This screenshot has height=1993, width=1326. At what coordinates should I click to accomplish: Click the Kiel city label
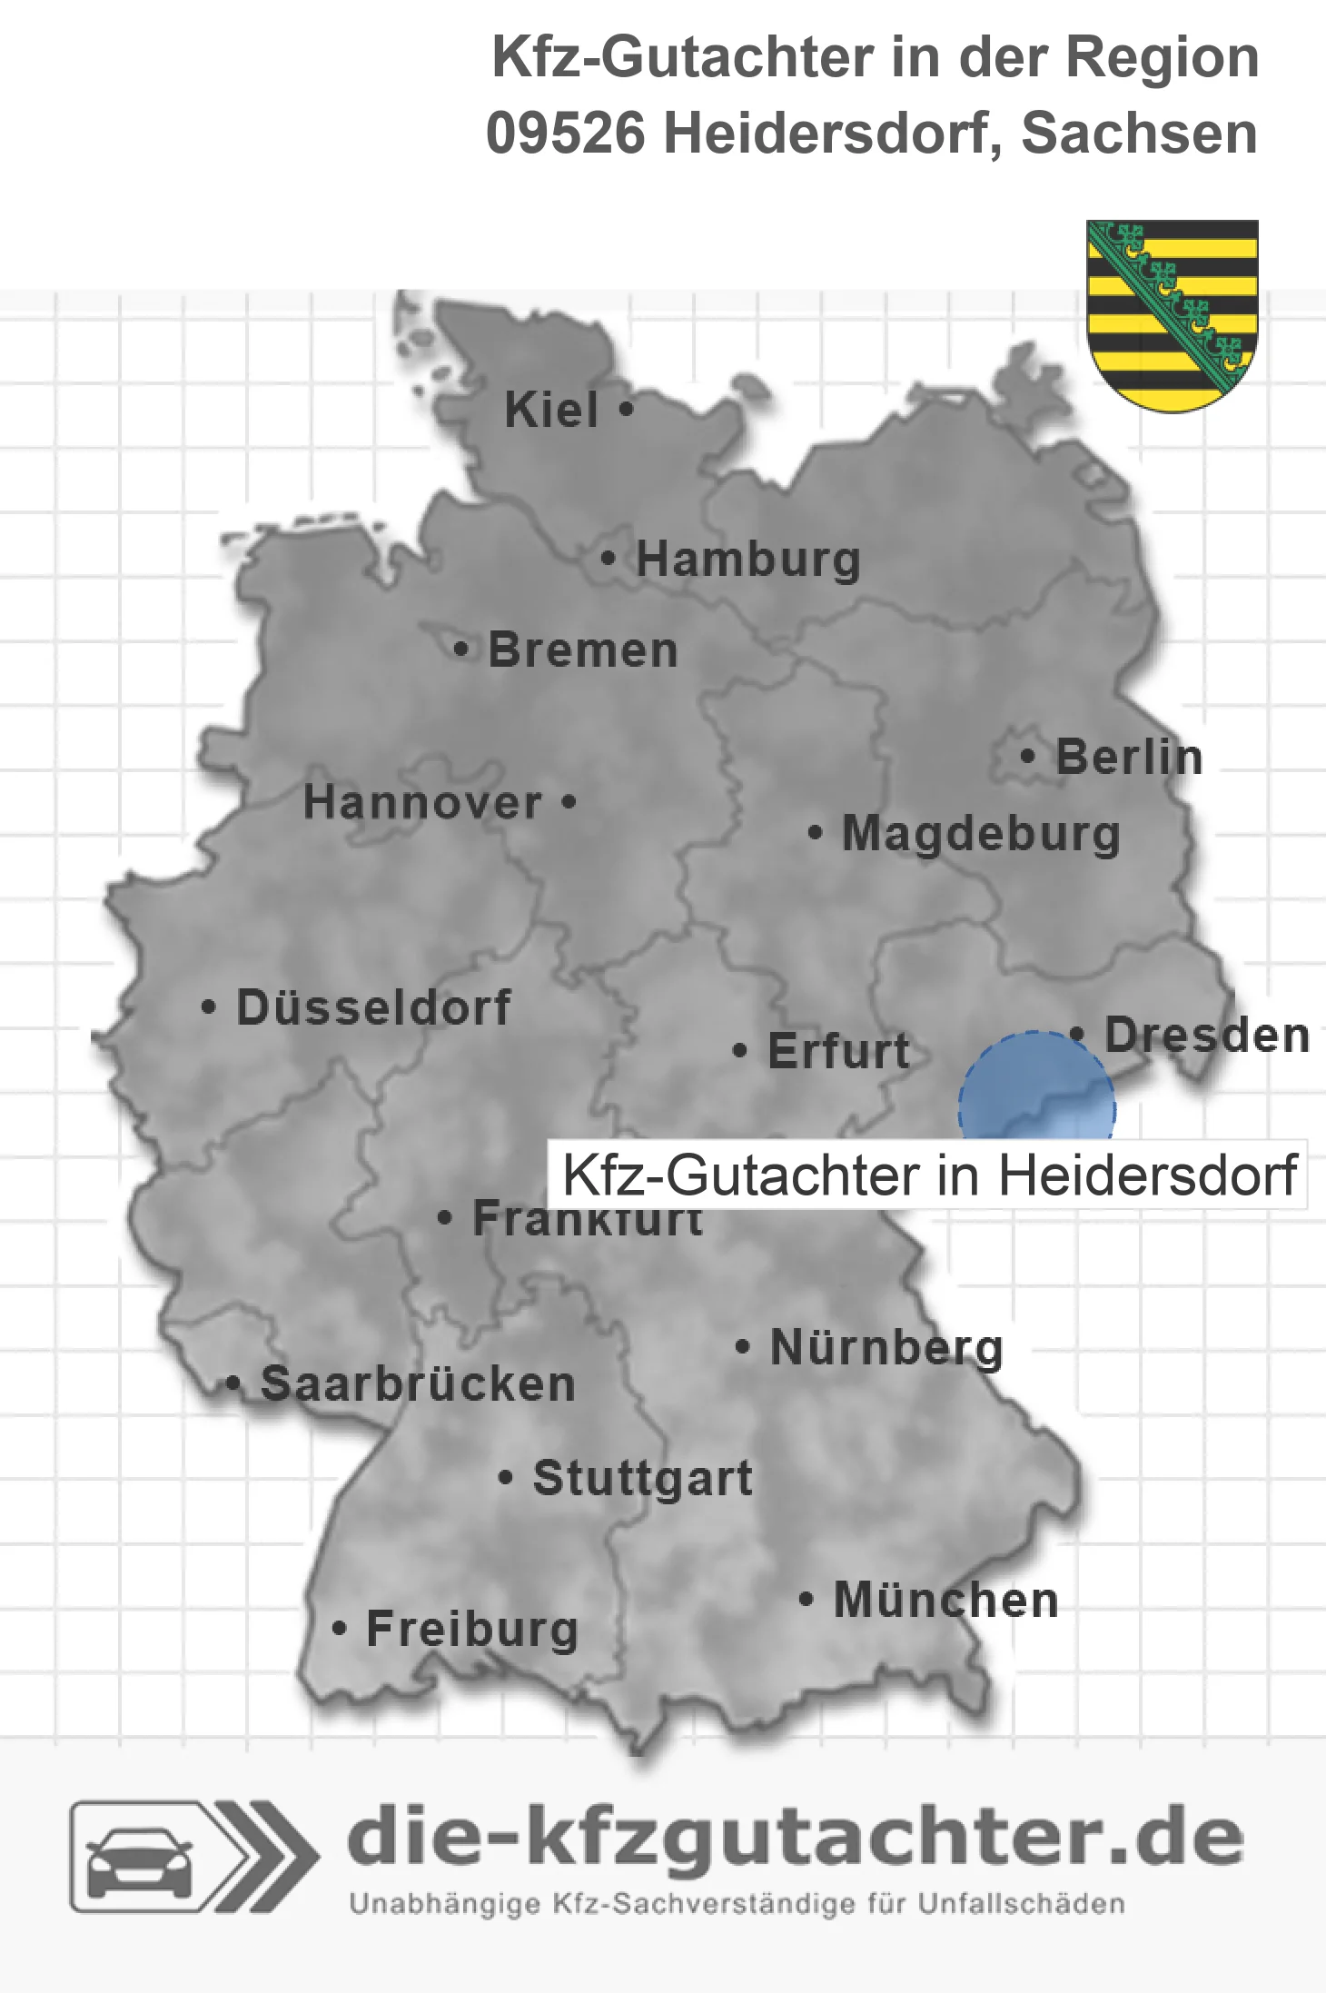point(551,410)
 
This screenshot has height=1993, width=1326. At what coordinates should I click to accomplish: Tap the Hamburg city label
point(747,559)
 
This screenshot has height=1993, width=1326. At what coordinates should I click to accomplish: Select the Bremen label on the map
point(582,650)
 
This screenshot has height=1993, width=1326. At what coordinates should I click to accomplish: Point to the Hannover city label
point(422,803)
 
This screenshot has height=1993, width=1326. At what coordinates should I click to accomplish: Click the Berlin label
point(1128,757)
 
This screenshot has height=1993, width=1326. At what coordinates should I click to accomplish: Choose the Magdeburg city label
point(981,834)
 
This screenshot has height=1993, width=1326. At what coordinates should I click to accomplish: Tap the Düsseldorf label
point(373,1007)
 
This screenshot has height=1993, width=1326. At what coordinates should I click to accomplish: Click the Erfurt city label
point(838,1051)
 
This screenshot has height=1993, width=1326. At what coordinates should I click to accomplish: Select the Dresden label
point(1207,1035)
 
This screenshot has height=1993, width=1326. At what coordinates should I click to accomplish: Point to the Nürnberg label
point(886,1347)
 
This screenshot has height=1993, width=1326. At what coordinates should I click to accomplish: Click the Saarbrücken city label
point(418,1384)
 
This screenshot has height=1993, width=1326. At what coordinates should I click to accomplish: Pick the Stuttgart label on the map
point(642,1478)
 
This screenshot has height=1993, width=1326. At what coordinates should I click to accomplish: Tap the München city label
point(945,1600)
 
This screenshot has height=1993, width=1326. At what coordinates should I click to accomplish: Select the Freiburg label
point(472,1629)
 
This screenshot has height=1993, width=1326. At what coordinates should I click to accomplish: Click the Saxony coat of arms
point(1172,314)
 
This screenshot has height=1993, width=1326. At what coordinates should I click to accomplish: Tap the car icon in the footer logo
point(139,1862)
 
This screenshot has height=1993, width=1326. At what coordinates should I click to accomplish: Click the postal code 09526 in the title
point(565,134)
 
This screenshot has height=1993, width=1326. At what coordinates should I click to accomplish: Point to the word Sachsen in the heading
point(1139,134)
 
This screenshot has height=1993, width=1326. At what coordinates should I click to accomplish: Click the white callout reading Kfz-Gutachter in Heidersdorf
point(928,1175)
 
